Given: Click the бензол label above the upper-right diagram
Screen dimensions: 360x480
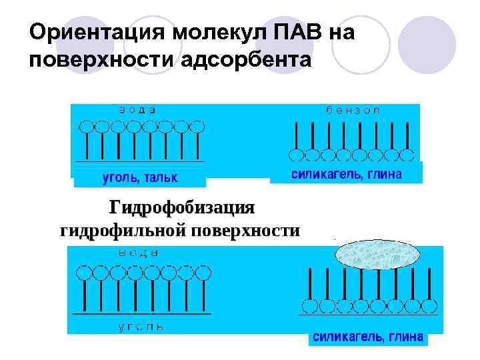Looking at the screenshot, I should click(353, 110).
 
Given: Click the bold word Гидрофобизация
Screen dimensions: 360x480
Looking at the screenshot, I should click(182, 207).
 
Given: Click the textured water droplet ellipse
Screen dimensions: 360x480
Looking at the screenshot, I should click(377, 254).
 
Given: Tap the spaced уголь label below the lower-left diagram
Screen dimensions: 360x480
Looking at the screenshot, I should click(141, 327).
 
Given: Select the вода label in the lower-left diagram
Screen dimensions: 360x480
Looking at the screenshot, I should click(139, 253).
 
